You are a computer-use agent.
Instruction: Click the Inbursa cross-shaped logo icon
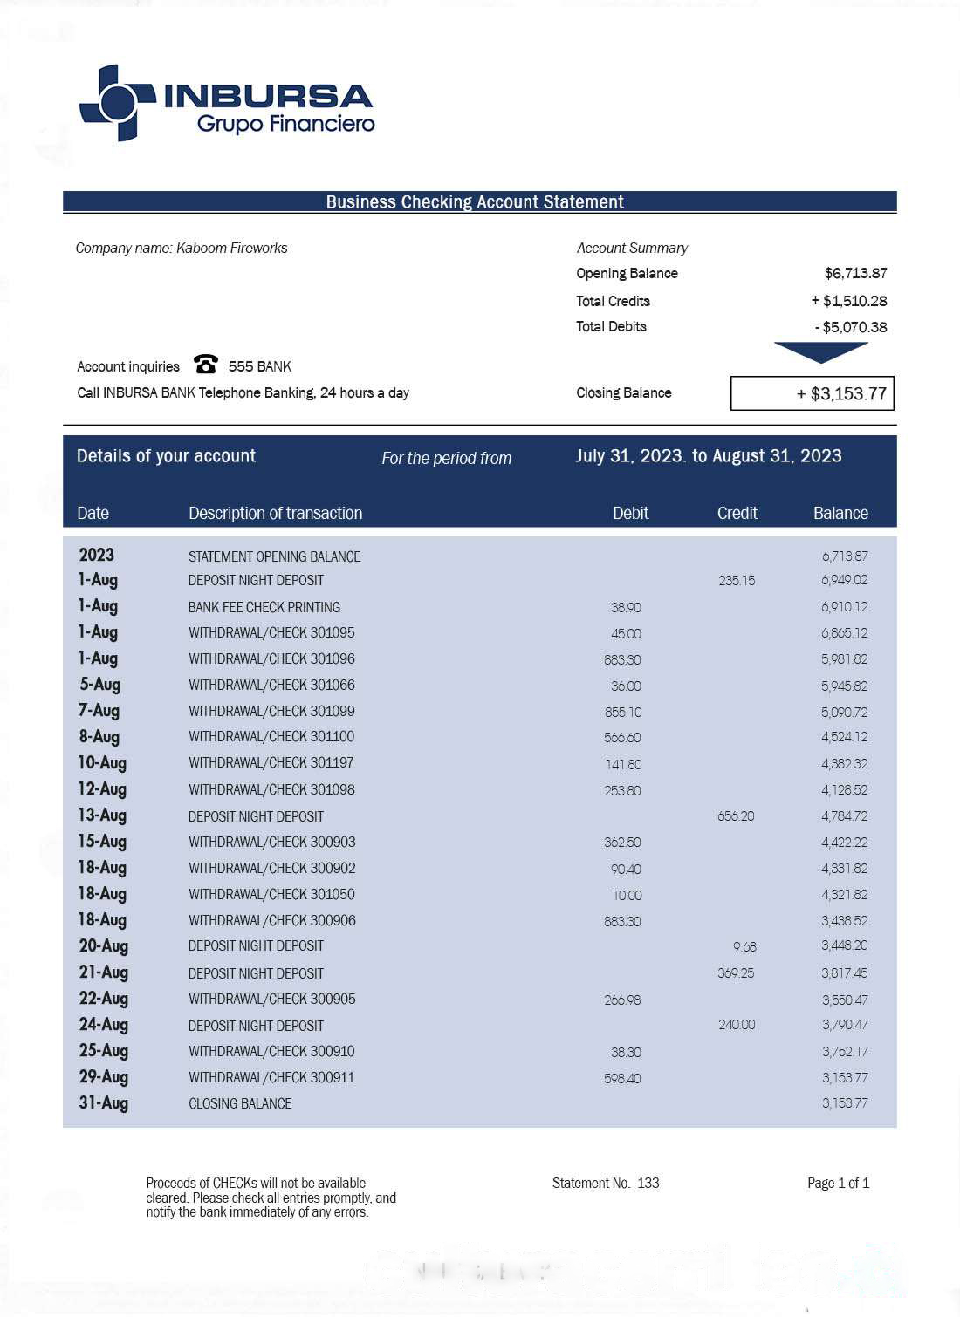point(116,102)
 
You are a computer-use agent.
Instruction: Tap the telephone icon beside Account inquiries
point(206,364)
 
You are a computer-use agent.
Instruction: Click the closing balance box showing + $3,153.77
point(812,393)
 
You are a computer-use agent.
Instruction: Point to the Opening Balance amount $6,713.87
point(855,273)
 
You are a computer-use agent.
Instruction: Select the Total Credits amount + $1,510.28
point(848,301)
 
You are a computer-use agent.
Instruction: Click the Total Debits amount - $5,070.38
point(850,327)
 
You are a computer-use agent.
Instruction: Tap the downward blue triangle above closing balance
point(820,351)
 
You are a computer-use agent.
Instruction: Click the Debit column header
point(630,513)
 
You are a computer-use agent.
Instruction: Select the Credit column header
point(737,513)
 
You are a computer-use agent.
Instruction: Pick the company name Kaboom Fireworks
point(231,248)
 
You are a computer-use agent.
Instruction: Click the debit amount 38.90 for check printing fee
point(626,607)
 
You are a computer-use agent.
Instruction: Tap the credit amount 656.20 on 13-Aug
point(736,816)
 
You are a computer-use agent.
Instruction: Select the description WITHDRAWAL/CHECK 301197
point(271,763)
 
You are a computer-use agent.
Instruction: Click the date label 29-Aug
point(103,1077)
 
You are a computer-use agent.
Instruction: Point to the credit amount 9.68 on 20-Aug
point(744,946)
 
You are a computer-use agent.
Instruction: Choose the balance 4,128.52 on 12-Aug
point(844,790)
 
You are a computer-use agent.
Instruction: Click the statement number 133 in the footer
point(648,1183)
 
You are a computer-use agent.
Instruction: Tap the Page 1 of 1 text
point(838,1183)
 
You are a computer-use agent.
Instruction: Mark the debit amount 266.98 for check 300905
point(622,1000)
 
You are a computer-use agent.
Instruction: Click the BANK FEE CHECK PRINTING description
point(264,607)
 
